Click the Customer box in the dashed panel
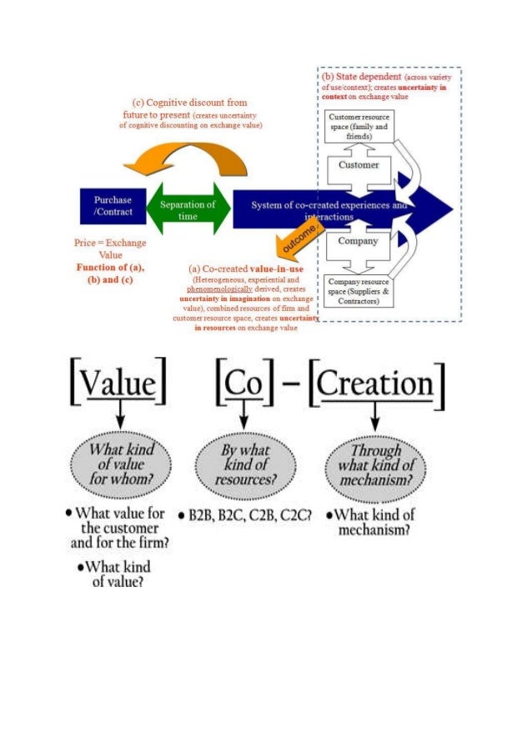pos(359,166)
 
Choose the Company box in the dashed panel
pos(359,242)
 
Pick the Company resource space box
pos(359,291)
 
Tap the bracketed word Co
pos(243,384)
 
